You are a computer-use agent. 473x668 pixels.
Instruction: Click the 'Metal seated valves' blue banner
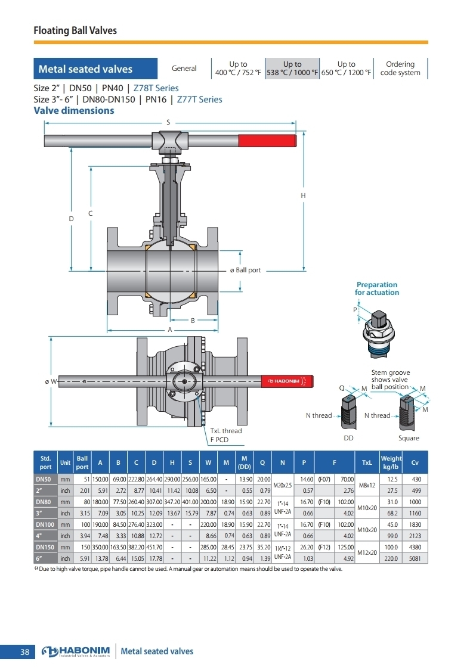(95, 69)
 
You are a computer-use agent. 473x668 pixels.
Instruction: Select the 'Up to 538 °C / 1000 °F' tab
(292, 68)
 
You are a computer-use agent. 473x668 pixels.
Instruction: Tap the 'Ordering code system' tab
(400, 68)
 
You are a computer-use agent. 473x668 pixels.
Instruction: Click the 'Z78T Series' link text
(156, 88)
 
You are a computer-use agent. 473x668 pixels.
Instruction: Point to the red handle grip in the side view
(267, 140)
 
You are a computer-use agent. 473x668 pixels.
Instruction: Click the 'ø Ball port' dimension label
(245, 270)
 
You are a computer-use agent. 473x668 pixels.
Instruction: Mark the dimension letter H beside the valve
(303, 195)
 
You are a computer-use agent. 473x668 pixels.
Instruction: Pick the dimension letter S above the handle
(168, 122)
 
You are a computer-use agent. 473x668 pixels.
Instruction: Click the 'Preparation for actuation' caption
(377, 288)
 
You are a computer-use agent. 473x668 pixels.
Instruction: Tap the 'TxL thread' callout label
(226, 431)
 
